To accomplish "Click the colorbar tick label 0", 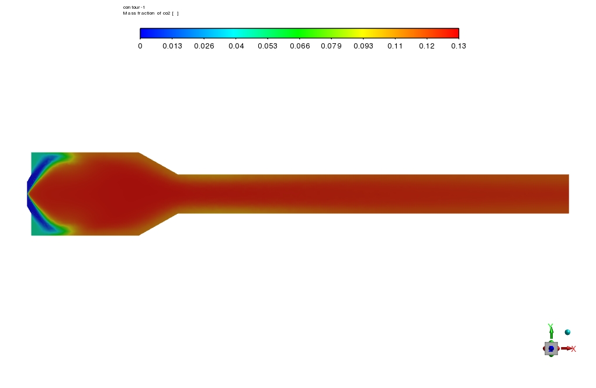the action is [x=140, y=46].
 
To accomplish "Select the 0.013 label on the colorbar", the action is [x=172, y=46].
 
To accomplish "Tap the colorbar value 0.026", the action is [x=204, y=46].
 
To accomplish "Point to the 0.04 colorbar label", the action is [x=236, y=46].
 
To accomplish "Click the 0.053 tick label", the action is [x=268, y=46].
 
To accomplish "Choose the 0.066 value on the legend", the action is [x=300, y=46].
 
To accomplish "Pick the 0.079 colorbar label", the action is [x=331, y=46].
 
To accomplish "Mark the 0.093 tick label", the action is [x=363, y=46].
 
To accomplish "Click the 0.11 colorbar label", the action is [x=395, y=46].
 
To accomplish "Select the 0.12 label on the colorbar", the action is [x=427, y=46].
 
